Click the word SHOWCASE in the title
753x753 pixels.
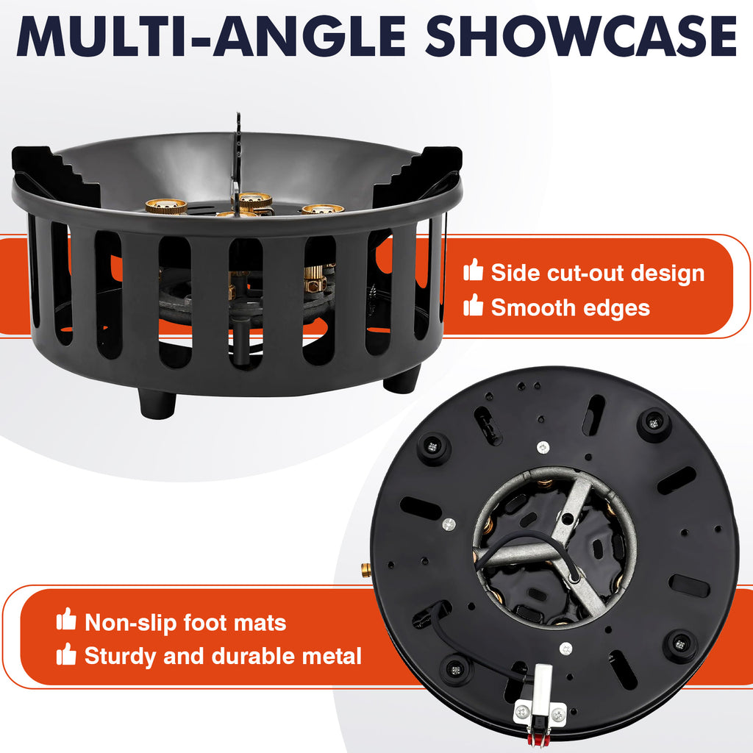(x=581, y=37)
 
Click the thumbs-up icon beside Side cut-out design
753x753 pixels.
(x=473, y=270)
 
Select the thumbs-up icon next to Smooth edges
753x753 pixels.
(x=473, y=305)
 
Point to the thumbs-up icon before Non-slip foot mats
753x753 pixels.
(x=66, y=619)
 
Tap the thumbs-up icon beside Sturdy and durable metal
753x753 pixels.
(x=66, y=654)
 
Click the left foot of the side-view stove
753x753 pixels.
(x=157, y=404)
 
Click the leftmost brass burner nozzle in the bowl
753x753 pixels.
(x=166, y=207)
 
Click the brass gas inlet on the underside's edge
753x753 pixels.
(x=367, y=570)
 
